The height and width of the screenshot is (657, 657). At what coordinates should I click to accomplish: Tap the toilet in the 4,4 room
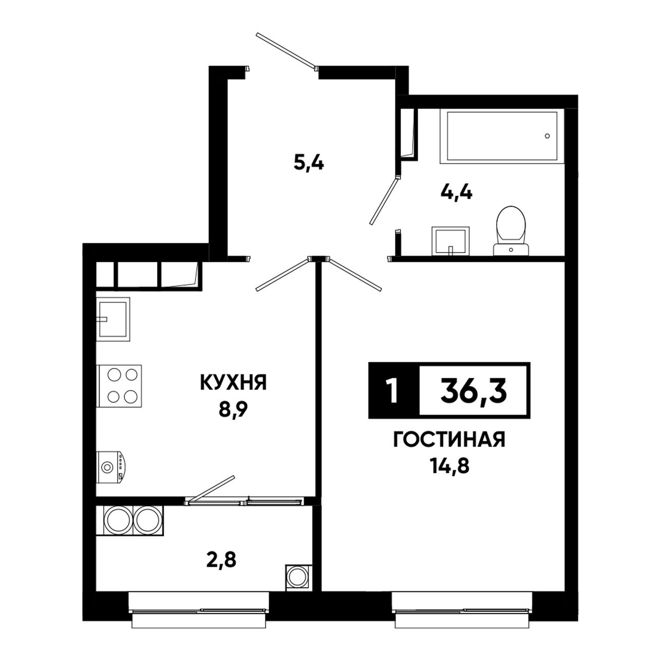pyautogui.click(x=511, y=230)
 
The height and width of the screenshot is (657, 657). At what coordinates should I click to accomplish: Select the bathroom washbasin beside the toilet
pyautogui.click(x=450, y=241)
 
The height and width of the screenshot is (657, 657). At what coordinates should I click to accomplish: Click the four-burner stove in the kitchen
pyautogui.click(x=119, y=386)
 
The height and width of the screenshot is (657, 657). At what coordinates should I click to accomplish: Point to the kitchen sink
pyautogui.click(x=113, y=319)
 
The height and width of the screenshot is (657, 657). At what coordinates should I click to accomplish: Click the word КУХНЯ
pyautogui.click(x=233, y=382)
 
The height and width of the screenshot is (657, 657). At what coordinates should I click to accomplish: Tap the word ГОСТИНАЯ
pyautogui.click(x=449, y=439)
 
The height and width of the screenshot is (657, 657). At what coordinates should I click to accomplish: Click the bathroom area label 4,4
pyautogui.click(x=456, y=194)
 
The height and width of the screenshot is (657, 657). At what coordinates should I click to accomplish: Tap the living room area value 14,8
pyautogui.click(x=449, y=466)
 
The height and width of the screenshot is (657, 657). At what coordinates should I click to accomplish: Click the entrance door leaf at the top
pyautogui.click(x=286, y=50)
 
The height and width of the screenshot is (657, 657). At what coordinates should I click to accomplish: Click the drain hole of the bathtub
pyautogui.click(x=547, y=136)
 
